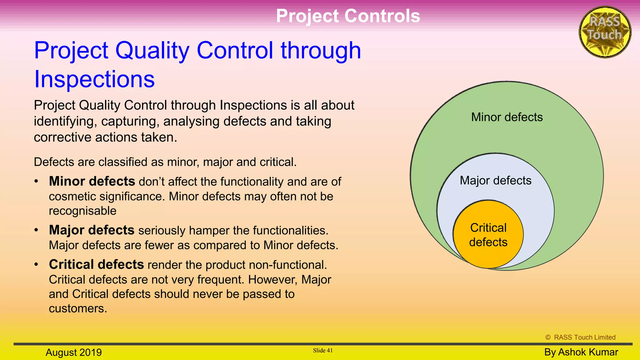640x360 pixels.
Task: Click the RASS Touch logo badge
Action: coord(605,32)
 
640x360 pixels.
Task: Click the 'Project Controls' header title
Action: coord(348,16)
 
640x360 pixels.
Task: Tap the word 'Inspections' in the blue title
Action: coord(94,79)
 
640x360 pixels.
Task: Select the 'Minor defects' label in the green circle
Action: coord(507,117)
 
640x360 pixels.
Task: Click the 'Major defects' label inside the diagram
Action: coord(495,181)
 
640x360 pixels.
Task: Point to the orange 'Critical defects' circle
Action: coord(488,235)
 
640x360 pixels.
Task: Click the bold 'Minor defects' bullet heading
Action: coord(92,181)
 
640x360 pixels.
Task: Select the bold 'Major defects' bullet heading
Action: coord(92,230)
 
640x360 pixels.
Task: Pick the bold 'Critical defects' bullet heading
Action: coord(96,264)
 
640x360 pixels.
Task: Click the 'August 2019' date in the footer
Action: coord(74,352)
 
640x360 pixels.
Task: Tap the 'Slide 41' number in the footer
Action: coord(322,350)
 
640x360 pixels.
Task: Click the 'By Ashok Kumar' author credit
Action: coord(581,352)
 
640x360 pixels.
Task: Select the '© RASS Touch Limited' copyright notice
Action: coord(580,337)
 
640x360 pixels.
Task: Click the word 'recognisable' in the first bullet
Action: coord(82,211)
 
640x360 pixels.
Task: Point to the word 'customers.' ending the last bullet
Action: coord(78,308)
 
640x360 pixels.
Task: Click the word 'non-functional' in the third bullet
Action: coord(287,265)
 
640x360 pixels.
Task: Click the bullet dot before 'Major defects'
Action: coord(36,230)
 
